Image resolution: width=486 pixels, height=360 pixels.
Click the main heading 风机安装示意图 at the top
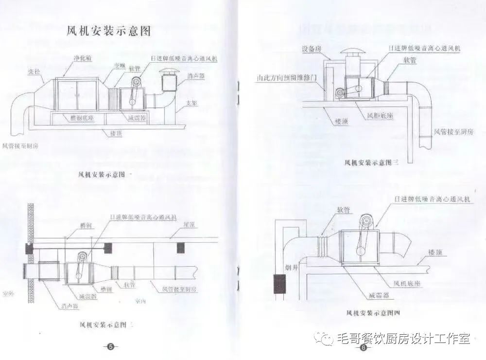(x=109, y=32)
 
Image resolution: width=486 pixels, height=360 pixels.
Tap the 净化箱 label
(x=83, y=58)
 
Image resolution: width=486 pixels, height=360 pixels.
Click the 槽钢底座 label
(x=79, y=118)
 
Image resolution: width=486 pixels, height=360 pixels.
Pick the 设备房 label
(x=311, y=49)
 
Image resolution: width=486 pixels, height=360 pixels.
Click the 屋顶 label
(x=189, y=225)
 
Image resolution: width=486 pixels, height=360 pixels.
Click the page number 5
(x=110, y=346)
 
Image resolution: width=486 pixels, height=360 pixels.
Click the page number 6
(x=363, y=347)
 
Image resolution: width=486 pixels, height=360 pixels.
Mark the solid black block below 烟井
(x=279, y=284)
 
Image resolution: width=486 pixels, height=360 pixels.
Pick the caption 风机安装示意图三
(x=371, y=162)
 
